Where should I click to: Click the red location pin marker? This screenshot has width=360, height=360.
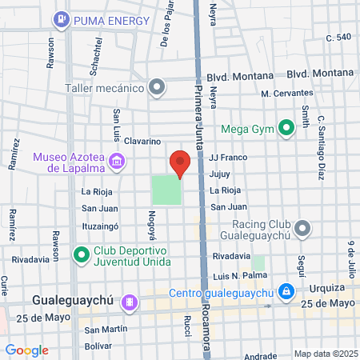point(180,162)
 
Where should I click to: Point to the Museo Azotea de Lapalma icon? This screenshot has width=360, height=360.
point(117,162)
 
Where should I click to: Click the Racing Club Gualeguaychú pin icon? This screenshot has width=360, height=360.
point(302,230)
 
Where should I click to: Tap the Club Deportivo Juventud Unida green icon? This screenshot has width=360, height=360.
point(80,255)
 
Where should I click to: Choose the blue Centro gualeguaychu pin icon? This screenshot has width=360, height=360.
point(286,291)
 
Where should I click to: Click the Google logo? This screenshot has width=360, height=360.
point(26,350)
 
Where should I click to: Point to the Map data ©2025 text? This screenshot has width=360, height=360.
point(325,354)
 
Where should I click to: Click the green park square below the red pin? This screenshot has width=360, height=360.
point(166,190)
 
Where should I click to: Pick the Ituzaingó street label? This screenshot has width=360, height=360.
point(101,226)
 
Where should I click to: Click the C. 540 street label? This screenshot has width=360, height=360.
point(338,38)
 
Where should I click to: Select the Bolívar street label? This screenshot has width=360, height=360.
point(98,346)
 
